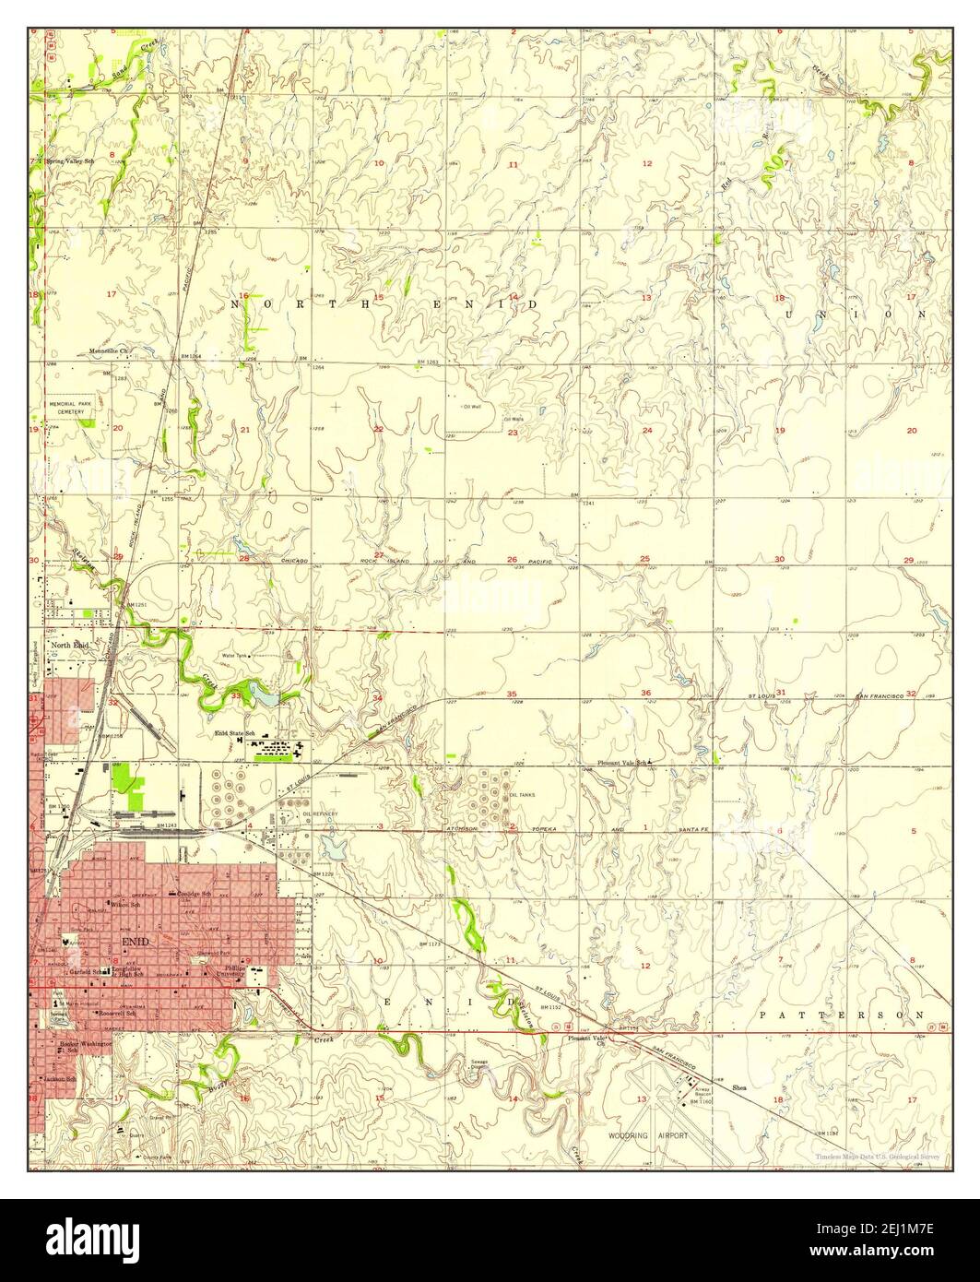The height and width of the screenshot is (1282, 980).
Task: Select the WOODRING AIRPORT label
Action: pos(648,1135)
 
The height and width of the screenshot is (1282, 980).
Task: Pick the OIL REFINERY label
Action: pos(321,813)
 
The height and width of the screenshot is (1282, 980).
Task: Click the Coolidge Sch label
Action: pos(195,894)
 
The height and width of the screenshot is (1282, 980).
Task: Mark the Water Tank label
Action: pos(234,656)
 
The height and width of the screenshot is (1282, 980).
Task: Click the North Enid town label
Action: pos(70,646)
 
